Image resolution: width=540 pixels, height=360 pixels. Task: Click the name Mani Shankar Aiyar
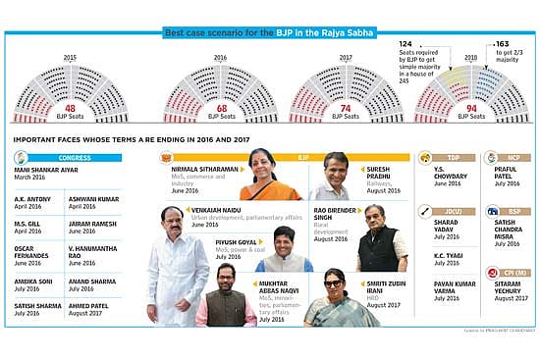click(46, 170)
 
